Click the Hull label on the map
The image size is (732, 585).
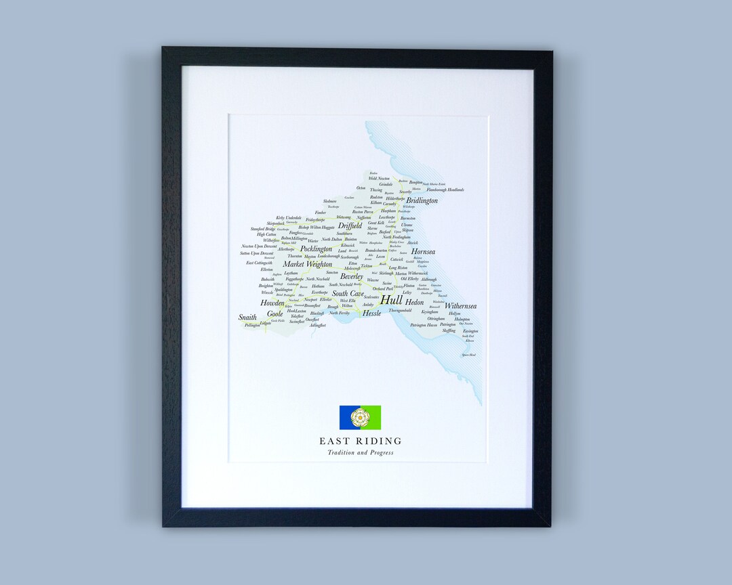coord(391,300)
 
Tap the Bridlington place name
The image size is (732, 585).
coord(422,200)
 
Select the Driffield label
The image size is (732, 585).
coord(350,225)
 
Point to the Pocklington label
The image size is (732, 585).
coord(316,249)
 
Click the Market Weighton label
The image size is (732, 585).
coord(308,264)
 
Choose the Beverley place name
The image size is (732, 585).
coord(352,277)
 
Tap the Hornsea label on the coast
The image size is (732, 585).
coord(423,252)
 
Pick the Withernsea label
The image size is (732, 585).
coord(460,306)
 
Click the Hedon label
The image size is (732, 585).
coord(414,302)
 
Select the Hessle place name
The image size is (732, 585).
coord(371,313)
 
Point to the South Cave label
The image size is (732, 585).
coord(348,294)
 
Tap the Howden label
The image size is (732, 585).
coord(272,303)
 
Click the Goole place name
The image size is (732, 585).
coord(274,314)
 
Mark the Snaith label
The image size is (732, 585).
coord(247,317)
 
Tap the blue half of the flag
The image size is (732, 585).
coord(347,418)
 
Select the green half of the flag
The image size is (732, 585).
coord(373,418)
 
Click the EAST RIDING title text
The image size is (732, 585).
coord(360,441)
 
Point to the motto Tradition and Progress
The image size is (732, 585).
coord(360,452)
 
